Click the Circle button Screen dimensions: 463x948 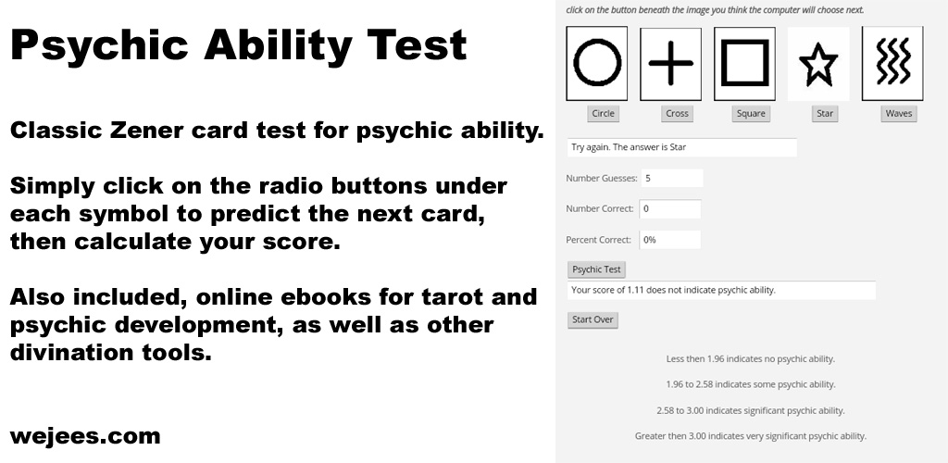(x=603, y=114)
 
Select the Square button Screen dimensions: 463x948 (x=751, y=114)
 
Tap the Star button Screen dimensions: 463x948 (x=825, y=114)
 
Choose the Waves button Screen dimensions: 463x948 (x=899, y=114)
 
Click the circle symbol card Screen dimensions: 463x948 (x=597, y=63)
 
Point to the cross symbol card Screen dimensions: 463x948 (x=671, y=63)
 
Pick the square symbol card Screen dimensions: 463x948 (x=745, y=63)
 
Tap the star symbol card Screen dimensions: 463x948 (x=818, y=63)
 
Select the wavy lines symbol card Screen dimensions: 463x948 (x=892, y=63)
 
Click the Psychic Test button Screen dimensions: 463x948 (x=597, y=269)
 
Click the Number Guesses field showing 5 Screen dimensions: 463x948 (x=671, y=178)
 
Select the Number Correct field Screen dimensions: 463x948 (x=669, y=209)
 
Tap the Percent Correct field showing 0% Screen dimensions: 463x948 (x=669, y=240)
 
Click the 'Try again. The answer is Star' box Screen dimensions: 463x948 (x=681, y=147)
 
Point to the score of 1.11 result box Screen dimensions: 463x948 (x=721, y=290)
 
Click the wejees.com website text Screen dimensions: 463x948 (x=85, y=436)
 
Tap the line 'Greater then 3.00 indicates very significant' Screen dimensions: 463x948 (x=751, y=435)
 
